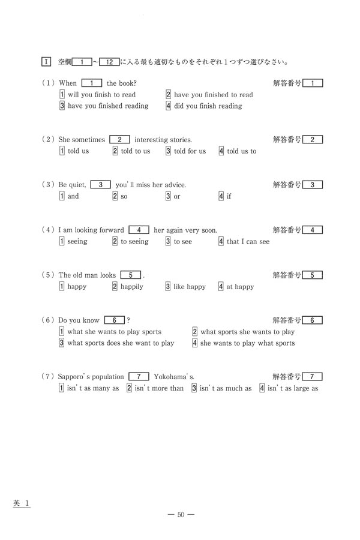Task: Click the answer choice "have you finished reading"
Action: (x=107, y=106)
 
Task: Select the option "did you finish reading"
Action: (x=208, y=106)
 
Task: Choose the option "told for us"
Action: (x=190, y=151)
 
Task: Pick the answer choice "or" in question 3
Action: (x=176, y=197)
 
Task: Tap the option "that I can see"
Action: (x=248, y=242)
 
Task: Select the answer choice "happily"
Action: (x=131, y=287)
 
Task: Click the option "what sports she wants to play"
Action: (x=247, y=332)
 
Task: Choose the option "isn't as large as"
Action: (x=292, y=388)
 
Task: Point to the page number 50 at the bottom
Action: (x=180, y=514)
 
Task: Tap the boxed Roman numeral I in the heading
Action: (x=46, y=61)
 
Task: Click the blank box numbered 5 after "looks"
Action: (x=130, y=275)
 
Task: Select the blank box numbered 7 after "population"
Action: (x=139, y=377)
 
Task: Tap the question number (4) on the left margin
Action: (x=49, y=230)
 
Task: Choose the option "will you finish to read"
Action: (x=101, y=95)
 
